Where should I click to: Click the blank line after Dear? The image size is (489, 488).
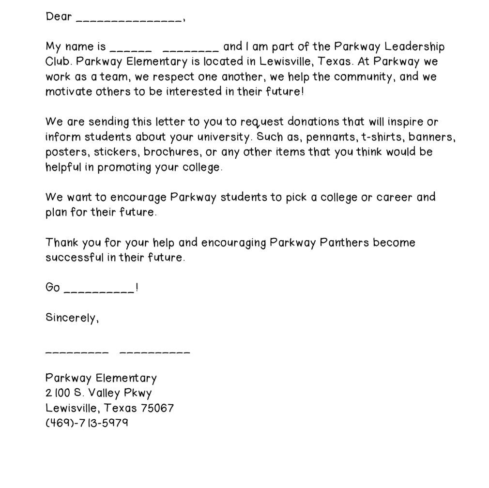[x=129, y=19]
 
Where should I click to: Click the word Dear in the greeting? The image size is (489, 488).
[x=59, y=16]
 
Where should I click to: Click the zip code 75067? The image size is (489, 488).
[x=157, y=408]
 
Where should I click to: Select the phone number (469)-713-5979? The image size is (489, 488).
[x=87, y=423]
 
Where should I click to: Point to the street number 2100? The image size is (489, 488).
[x=58, y=393]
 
